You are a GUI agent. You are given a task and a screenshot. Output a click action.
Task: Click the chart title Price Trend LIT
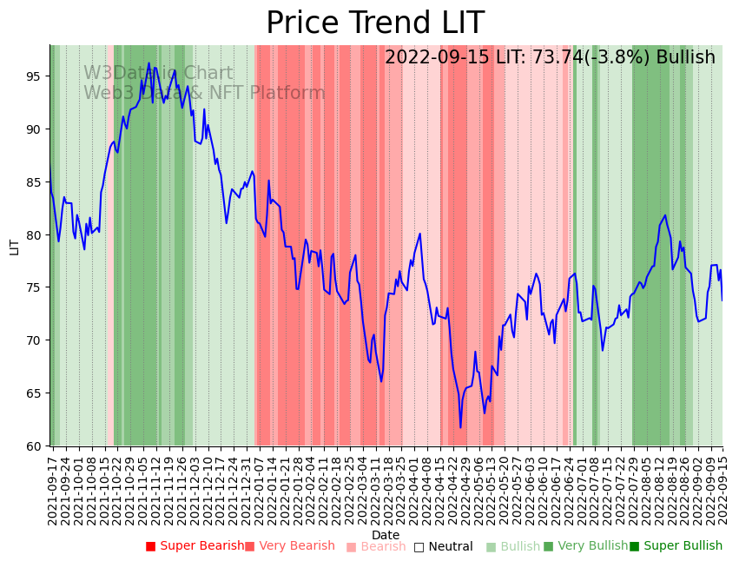pos(374,23)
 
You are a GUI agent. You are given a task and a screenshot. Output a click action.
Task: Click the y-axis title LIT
pos(14,246)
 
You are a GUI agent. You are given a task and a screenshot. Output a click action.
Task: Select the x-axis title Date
pos(386,535)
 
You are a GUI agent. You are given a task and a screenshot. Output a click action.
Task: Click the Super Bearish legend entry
pos(201,546)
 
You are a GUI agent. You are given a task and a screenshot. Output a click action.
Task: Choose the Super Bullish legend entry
pos(682,546)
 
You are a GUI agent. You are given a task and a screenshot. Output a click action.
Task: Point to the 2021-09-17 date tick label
pos(53,492)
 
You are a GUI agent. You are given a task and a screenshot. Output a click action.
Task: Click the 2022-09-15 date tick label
pos(722,492)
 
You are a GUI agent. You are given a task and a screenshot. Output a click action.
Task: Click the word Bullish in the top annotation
pos(685,57)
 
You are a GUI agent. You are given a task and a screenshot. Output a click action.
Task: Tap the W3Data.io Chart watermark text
pos(158,73)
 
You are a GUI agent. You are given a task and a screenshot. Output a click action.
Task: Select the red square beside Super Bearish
pos(150,546)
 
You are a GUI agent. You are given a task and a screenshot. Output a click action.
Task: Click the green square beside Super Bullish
pos(634,546)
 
